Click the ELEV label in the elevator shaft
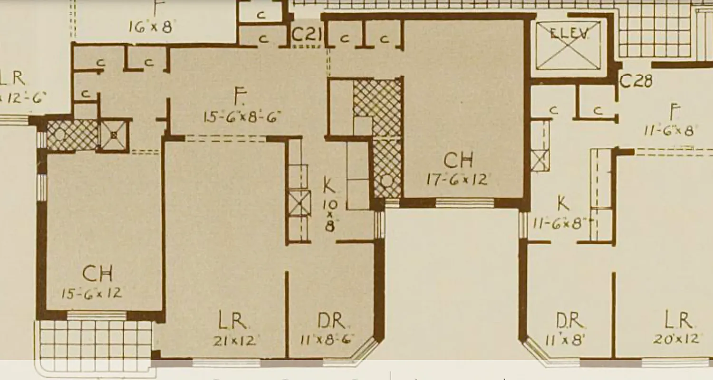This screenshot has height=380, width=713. [569, 33]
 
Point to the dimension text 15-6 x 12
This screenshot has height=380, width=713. [91, 293]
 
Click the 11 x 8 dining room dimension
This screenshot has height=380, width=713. [569, 340]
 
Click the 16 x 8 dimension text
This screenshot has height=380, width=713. [150, 27]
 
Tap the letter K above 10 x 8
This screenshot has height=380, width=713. [329, 186]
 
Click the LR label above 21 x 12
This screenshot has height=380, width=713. [232, 322]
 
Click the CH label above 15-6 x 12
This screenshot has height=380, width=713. [97, 274]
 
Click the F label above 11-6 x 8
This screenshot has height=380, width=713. [673, 112]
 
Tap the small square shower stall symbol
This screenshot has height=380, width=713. [114, 135]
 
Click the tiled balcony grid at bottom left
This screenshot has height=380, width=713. [95, 339]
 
